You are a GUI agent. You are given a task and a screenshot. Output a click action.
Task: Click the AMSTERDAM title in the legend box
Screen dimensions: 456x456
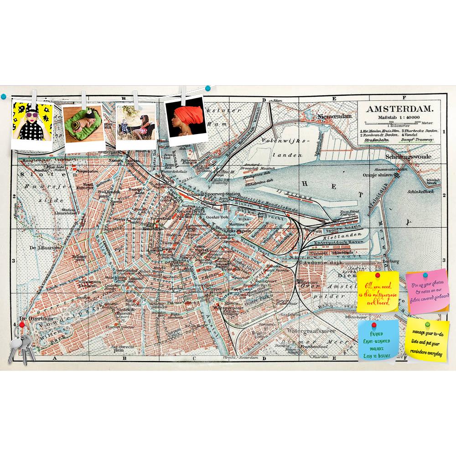click(x=400, y=109)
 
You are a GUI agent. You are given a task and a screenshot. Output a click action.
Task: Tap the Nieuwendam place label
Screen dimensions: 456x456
click(x=335, y=116)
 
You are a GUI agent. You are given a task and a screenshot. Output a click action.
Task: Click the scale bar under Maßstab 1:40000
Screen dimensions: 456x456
click(x=394, y=122)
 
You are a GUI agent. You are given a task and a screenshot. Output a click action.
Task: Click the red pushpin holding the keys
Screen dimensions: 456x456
click(x=21, y=324)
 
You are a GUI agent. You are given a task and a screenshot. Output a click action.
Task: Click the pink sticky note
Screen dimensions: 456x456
click(x=427, y=290)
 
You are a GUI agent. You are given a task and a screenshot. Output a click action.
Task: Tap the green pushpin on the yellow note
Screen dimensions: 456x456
click(x=427, y=324)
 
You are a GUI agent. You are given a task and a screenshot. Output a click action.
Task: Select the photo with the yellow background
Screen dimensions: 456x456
click(x=32, y=123)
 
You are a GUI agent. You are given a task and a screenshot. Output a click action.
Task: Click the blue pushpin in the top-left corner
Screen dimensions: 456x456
click(x=4, y=96)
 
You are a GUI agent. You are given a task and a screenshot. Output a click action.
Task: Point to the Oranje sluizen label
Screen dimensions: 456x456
click(x=377, y=175)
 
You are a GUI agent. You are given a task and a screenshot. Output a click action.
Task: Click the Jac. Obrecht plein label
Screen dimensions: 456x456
click(x=123, y=348)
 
